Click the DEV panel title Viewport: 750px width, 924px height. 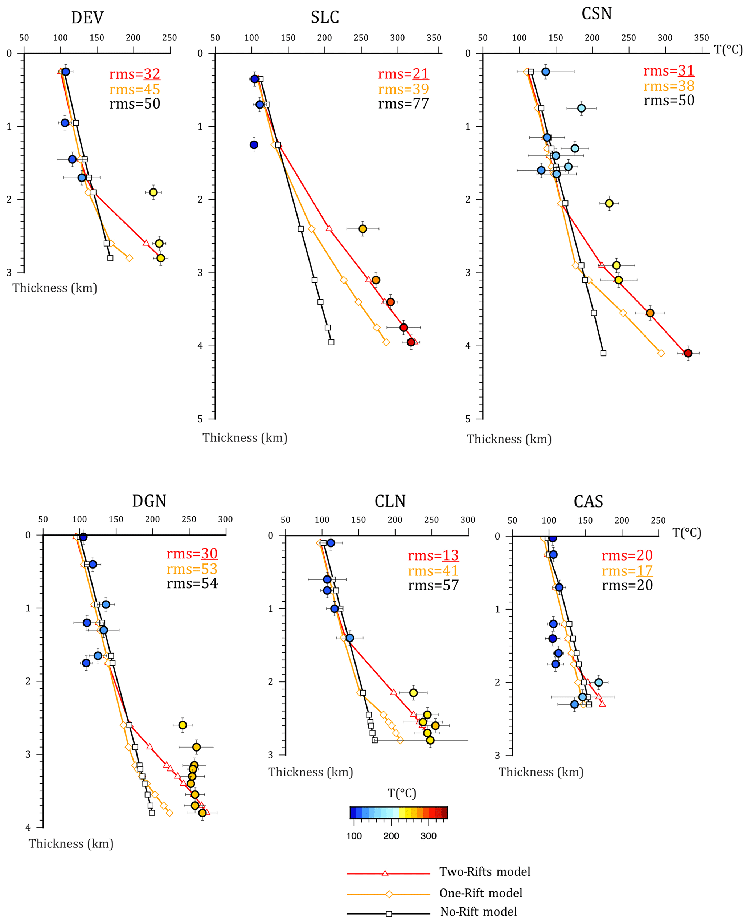click(87, 18)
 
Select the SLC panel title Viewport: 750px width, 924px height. click(325, 17)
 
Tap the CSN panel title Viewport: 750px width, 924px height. click(597, 14)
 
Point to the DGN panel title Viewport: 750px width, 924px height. click(149, 501)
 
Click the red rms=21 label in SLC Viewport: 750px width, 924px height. click(403, 74)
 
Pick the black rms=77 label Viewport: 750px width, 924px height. click(403, 104)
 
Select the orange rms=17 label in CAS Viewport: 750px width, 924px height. click(627, 571)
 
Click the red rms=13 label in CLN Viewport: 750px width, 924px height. click(433, 555)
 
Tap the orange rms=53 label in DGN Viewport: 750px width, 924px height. click(192, 569)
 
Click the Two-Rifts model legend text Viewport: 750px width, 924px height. click(485, 872)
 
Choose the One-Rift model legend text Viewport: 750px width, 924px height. click(481, 893)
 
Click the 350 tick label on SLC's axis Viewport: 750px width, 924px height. click(434, 38)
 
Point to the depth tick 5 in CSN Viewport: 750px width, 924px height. click(468, 419)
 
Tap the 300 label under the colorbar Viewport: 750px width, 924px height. click(428, 836)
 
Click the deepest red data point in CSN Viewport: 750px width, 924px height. click(688, 353)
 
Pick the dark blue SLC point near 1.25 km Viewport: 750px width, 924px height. click(254, 145)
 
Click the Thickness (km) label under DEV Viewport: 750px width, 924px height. click(55, 288)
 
